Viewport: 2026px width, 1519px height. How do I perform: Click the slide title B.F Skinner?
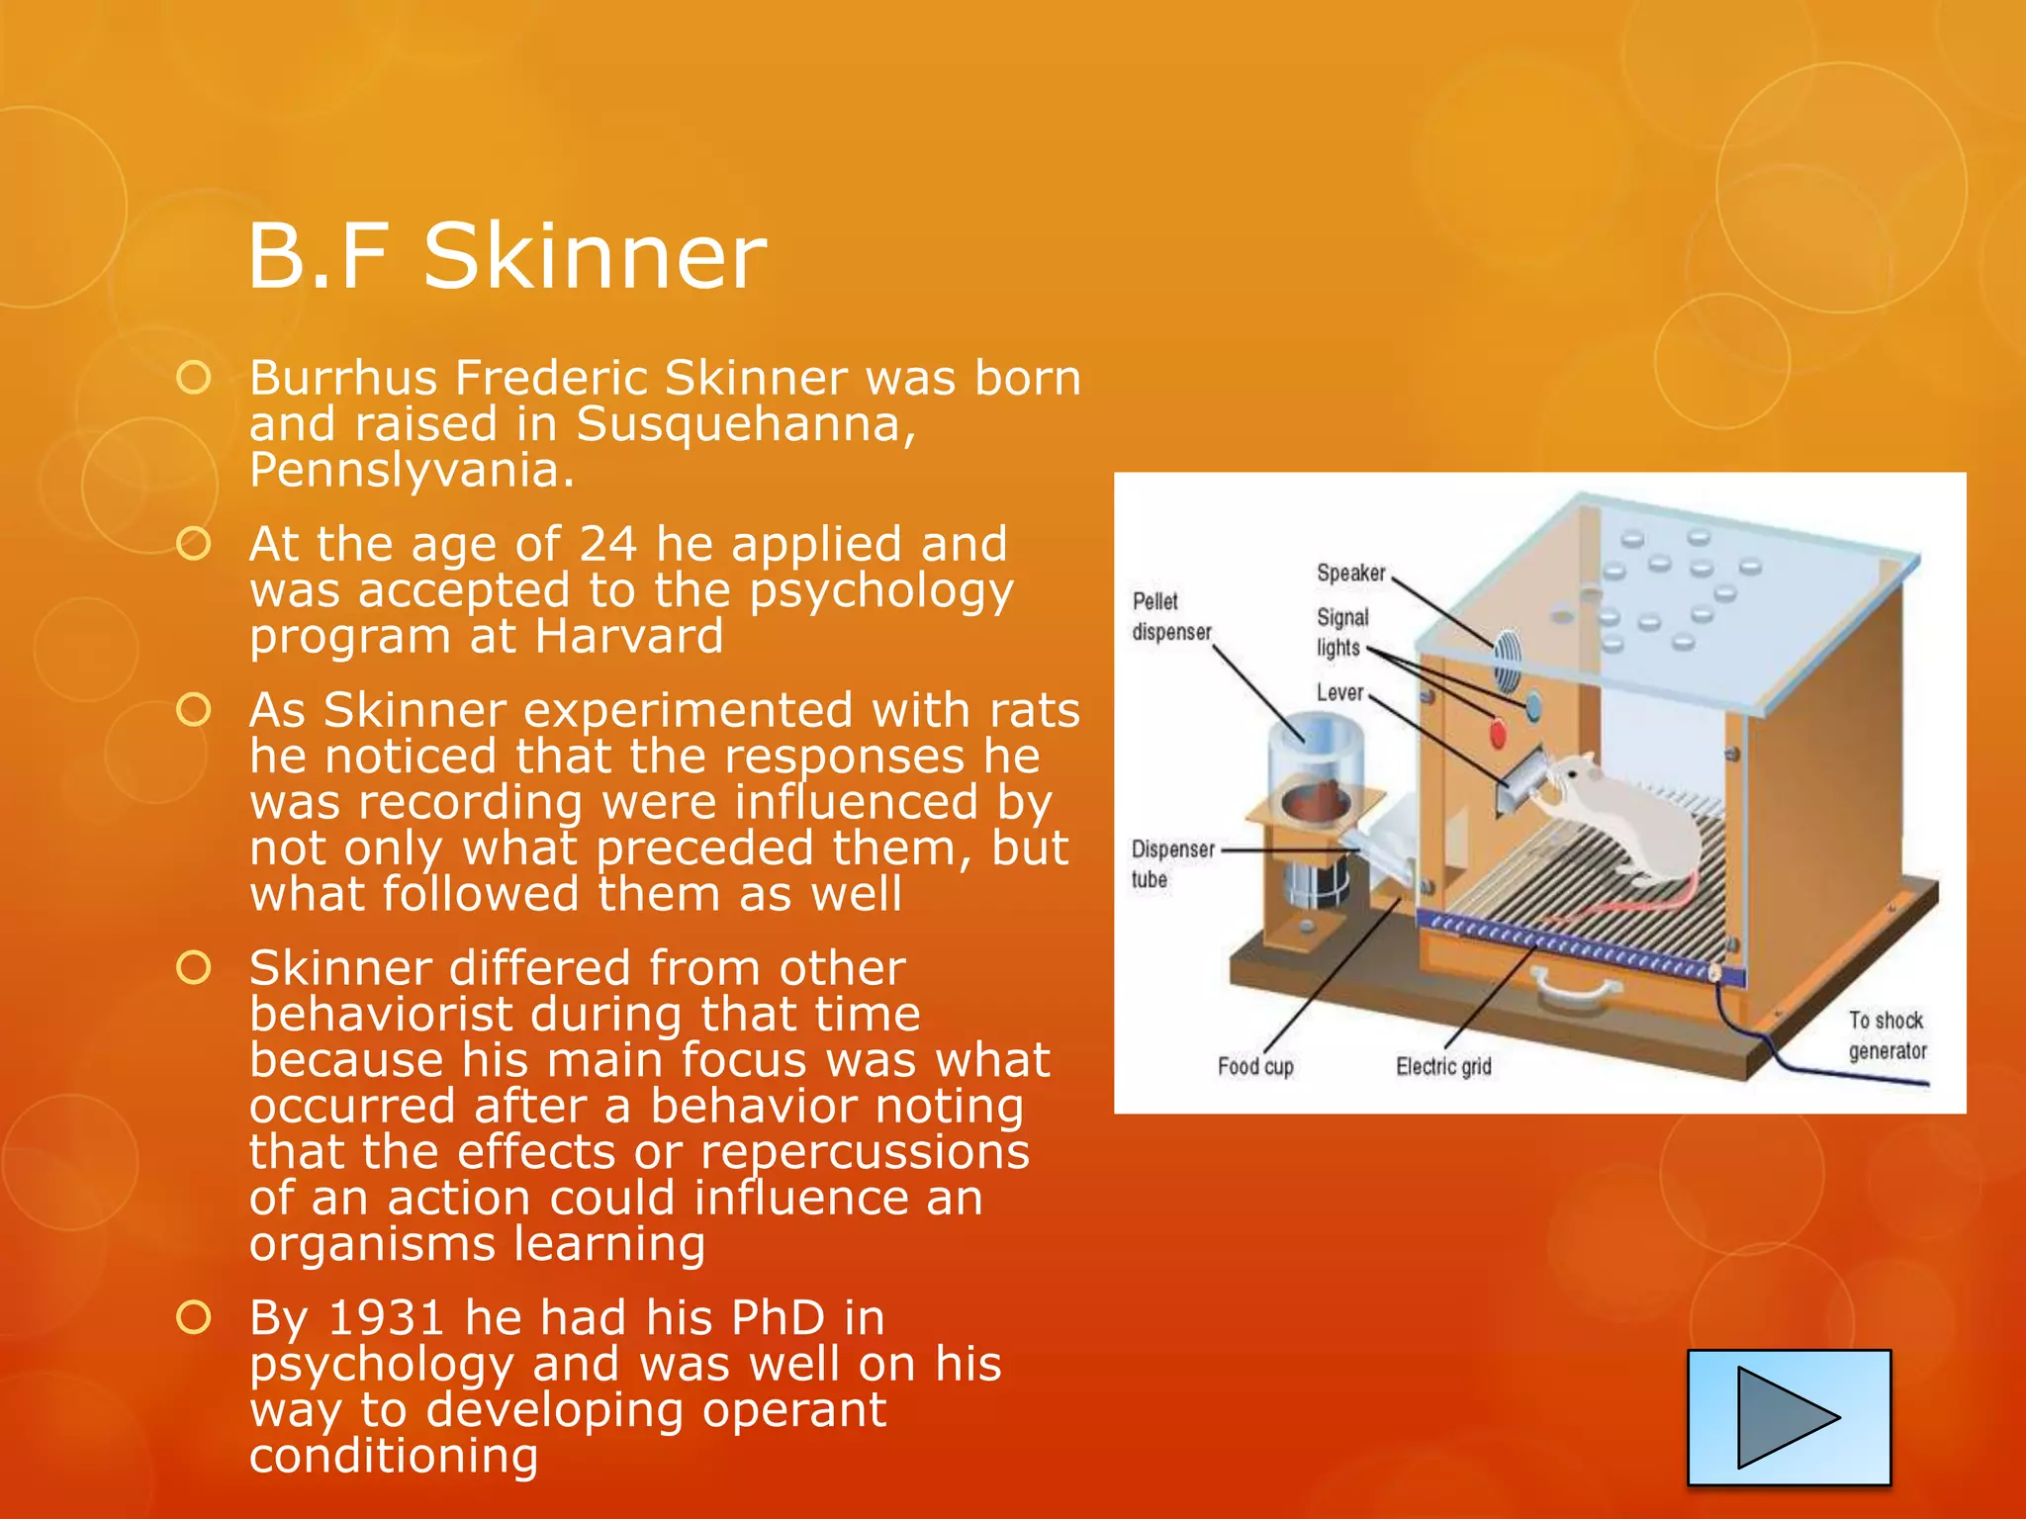(x=506, y=256)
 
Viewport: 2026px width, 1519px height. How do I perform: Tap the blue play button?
(x=1789, y=1416)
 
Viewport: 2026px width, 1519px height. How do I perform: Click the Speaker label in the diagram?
(x=1350, y=573)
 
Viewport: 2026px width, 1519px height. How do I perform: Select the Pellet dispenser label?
(x=1171, y=616)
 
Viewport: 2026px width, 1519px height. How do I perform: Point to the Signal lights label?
(x=1341, y=632)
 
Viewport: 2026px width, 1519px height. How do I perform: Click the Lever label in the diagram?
(x=1339, y=692)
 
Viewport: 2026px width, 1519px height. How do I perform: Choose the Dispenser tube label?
(x=1172, y=863)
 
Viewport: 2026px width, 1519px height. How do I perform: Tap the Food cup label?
(x=1255, y=1066)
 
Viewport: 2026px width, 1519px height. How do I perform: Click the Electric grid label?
(x=1443, y=1066)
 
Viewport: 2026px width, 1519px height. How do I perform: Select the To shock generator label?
(x=1887, y=1034)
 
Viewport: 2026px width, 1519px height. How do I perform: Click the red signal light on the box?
(x=1498, y=734)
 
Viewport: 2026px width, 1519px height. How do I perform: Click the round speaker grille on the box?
(x=1507, y=660)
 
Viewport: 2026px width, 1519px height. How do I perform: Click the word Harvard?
(x=629, y=636)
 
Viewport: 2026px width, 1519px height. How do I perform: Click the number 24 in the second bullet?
(x=607, y=544)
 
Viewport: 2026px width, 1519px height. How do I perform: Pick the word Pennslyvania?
(x=412, y=470)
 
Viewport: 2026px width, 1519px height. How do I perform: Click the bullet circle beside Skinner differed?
(x=194, y=968)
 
